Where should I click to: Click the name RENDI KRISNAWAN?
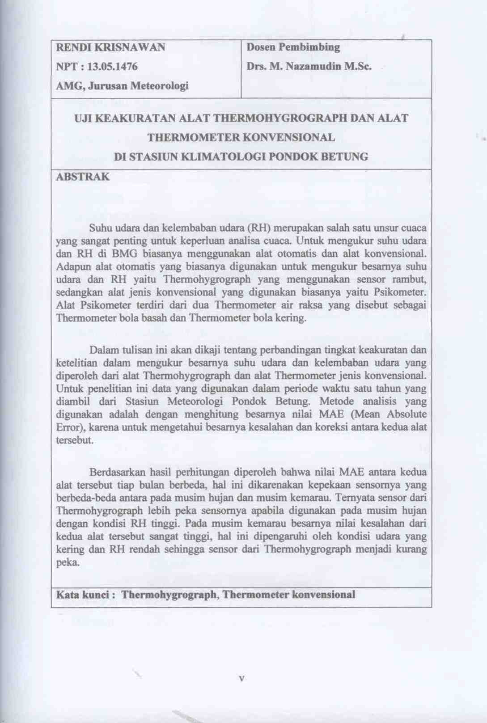110,47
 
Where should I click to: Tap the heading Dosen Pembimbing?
293,47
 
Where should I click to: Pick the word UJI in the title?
83,118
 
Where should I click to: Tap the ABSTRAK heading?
83,177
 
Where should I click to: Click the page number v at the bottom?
242,679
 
